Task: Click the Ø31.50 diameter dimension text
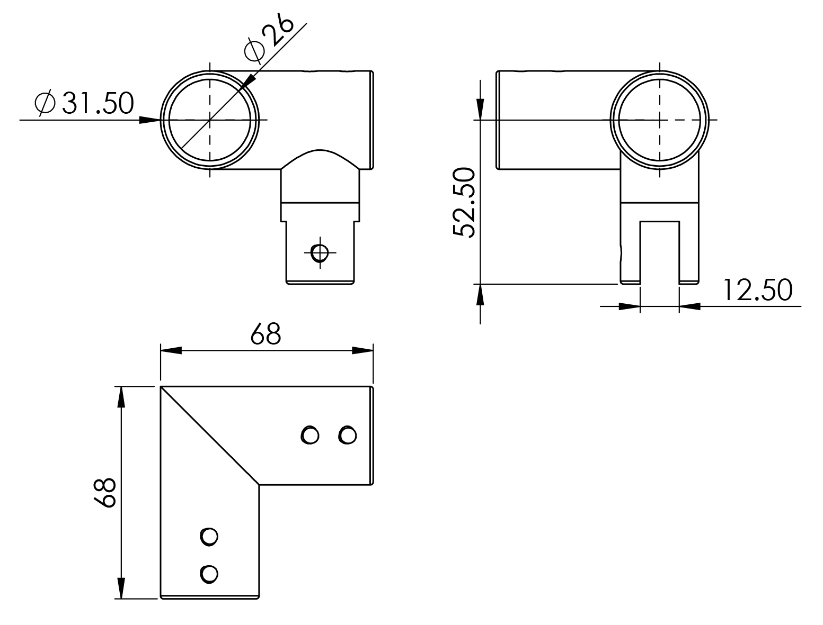pyautogui.click(x=84, y=103)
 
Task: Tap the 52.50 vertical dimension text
pyautogui.click(x=464, y=203)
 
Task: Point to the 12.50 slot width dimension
pyautogui.click(x=757, y=290)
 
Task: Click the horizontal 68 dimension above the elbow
pyautogui.click(x=266, y=334)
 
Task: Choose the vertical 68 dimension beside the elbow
pyautogui.click(x=104, y=493)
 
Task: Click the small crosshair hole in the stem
pyautogui.click(x=320, y=252)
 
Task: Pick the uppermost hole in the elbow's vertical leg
pyautogui.click(x=209, y=537)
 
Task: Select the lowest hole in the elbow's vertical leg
pyautogui.click(x=209, y=574)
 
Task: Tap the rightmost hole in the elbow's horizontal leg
pyautogui.click(x=347, y=435)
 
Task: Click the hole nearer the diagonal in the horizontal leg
pyautogui.click(x=310, y=435)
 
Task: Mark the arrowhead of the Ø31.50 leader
pyautogui.click(x=150, y=120)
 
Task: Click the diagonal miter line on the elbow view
pyautogui.click(x=210, y=436)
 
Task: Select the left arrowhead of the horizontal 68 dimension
pyautogui.click(x=171, y=351)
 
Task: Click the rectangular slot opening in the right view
pyautogui.click(x=660, y=252)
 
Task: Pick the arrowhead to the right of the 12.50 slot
pyautogui.click(x=690, y=306)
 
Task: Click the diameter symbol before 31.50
pyautogui.click(x=45, y=103)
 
